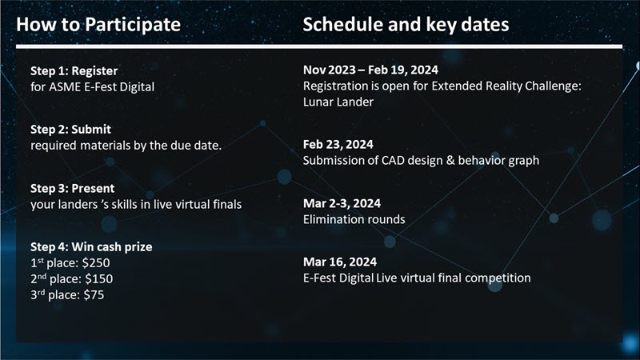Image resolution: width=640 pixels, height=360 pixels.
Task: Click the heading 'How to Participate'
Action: (98, 25)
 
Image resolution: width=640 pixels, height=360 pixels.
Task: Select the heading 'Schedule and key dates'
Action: (406, 25)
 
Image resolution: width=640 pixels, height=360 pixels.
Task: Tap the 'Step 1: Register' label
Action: (74, 71)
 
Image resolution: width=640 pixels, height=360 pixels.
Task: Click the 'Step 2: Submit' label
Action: (70, 130)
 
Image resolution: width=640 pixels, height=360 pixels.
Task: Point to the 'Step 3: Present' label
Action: (73, 189)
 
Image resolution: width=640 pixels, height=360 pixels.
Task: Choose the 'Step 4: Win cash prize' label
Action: (91, 247)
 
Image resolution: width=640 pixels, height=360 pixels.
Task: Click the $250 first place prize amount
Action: (96, 263)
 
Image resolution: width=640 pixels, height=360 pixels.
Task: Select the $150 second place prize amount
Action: (99, 278)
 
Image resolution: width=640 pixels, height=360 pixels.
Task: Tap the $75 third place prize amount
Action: (94, 294)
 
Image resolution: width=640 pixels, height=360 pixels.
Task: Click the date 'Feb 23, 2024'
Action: (338, 145)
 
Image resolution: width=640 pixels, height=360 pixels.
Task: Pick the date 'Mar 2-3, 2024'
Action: (342, 203)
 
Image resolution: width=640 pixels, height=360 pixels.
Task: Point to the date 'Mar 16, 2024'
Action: (340, 262)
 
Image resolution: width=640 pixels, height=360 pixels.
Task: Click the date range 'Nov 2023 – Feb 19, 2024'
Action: (370, 70)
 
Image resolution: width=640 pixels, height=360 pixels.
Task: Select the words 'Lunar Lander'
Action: (338, 102)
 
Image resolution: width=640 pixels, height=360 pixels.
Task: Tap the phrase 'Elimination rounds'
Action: (354, 219)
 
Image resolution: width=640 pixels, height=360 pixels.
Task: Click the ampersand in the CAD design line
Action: (450, 161)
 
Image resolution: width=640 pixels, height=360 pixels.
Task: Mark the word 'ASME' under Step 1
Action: (65, 87)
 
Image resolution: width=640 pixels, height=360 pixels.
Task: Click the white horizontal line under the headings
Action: (319, 46)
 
